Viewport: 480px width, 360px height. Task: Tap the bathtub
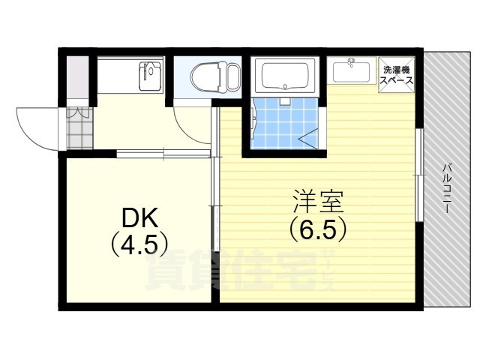coord(285,76)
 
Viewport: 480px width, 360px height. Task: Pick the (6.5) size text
coord(318,229)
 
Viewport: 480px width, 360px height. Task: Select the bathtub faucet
coord(285,100)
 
